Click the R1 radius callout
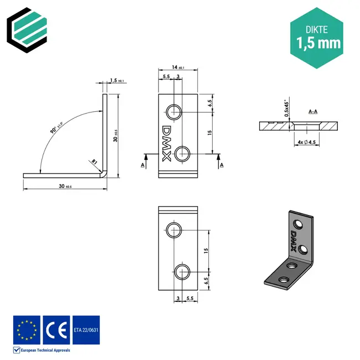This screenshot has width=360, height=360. pyautogui.click(x=95, y=162)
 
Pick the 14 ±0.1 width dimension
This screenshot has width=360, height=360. pyautogui.click(x=178, y=68)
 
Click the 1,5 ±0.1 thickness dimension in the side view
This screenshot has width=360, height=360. pyautogui.click(x=116, y=81)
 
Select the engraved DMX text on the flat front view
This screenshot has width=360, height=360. pyautogui.click(x=166, y=142)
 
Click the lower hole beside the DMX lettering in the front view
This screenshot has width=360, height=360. pyautogui.click(x=184, y=153)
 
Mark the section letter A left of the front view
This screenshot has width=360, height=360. pyautogui.click(x=142, y=165)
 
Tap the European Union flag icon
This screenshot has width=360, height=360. pyautogui.click(x=27, y=330)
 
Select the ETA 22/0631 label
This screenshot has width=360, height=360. pyautogui.click(x=86, y=330)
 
